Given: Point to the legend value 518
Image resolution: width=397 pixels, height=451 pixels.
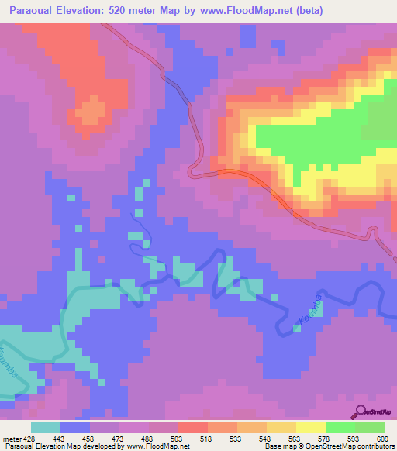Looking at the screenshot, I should click(207, 439).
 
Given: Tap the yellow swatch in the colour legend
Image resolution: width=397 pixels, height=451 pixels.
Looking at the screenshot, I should click(310, 427).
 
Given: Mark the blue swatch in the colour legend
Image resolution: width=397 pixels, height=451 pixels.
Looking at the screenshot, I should click(74, 427).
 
